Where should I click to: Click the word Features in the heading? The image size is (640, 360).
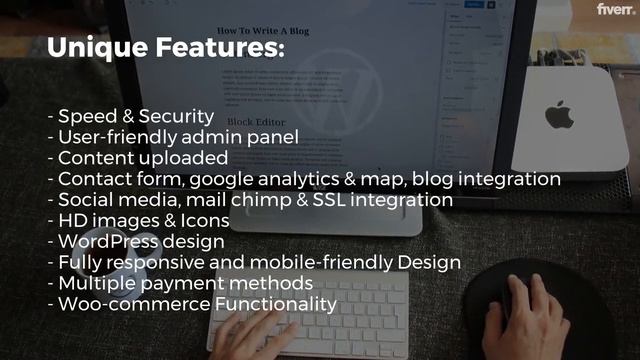222,48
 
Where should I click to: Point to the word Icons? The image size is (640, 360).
203,221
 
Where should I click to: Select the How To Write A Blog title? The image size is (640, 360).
264,31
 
